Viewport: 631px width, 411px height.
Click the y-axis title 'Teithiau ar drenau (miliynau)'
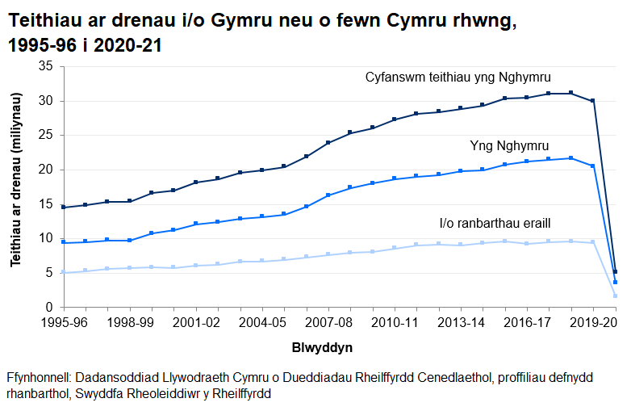coord(16,187)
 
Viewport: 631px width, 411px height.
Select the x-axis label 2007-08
coord(328,321)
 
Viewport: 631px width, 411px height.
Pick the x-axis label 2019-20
coord(593,321)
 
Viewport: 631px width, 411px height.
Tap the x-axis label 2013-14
coord(461,321)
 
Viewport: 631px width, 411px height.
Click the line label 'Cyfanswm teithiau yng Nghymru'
coord(458,78)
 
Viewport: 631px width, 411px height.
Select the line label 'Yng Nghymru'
coord(509,146)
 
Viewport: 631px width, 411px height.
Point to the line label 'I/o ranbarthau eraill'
coord(495,223)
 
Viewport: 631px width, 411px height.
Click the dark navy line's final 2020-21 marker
coord(615,272)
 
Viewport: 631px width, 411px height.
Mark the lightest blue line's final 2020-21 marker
coord(615,296)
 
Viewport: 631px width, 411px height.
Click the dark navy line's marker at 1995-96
coord(64,208)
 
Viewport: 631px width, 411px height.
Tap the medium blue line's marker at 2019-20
coord(593,166)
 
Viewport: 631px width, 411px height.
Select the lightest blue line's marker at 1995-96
coord(64,272)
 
